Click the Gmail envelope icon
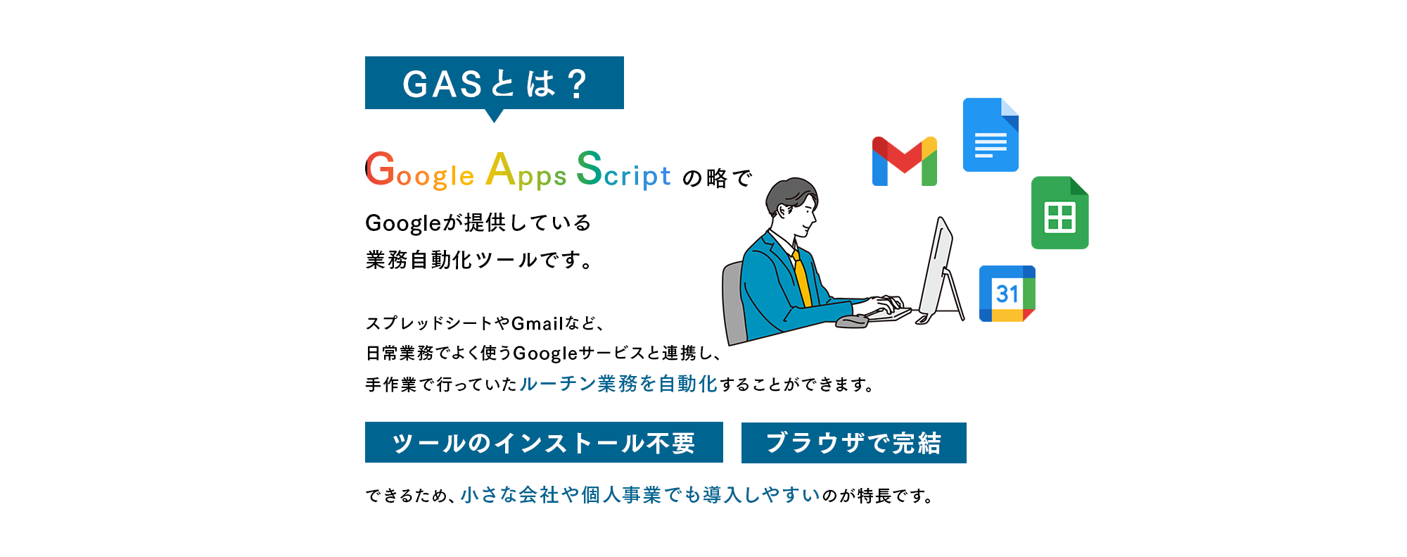coord(904,161)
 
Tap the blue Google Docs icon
coord(991,134)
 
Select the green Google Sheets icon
coord(1059,213)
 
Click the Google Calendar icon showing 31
coord(1007,294)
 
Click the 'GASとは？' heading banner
coord(494,83)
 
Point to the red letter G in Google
coord(381,168)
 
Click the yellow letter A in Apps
coord(501,169)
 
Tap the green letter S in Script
coord(590,168)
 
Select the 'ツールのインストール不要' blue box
coord(544,442)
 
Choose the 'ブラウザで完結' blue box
coord(853,443)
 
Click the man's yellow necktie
coord(801,278)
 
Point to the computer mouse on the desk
coord(851,322)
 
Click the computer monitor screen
coord(936,268)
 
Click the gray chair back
coord(734,303)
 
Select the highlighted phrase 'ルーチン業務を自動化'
coord(618,384)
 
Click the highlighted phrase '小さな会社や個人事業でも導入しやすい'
coord(640,495)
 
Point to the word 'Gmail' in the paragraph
coord(537,323)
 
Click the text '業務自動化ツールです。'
coord(480,260)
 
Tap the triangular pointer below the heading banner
coord(495,115)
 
